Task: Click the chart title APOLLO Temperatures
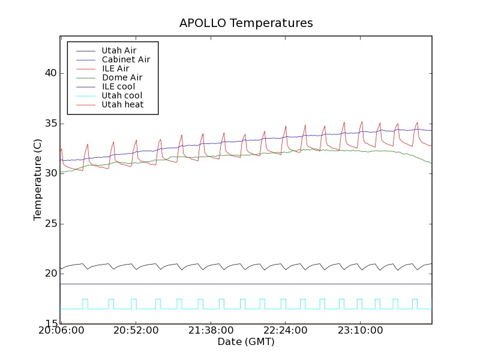tap(246, 23)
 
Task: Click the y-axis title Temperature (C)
tap(38, 179)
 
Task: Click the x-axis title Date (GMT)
tap(246, 341)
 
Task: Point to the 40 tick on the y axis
tap(50, 73)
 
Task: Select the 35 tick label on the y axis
tap(50, 124)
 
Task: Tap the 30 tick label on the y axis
tap(50, 173)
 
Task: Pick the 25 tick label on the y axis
tap(50, 224)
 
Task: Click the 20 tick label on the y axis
tap(50, 274)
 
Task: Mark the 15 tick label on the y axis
tap(50, 324)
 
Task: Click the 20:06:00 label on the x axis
tap(61, 331)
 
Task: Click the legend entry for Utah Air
tap(119, 50)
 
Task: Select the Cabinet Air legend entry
tap(125, 59)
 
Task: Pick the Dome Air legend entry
tap(122, 77)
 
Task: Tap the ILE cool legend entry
tap(118, 86)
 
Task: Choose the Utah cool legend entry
tap(122, 95)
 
